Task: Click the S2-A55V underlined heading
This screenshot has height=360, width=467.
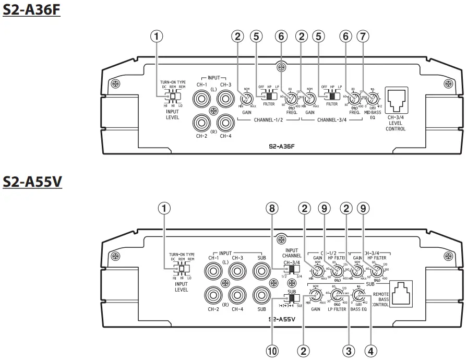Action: (32, 182)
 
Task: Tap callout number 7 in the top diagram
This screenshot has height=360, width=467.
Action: (363, 37)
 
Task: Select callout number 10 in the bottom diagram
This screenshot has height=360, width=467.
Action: (271, 351)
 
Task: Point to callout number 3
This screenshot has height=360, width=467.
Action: (348, 351)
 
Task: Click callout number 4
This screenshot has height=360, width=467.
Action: (370, 351)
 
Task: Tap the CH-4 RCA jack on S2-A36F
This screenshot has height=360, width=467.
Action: (225, 123)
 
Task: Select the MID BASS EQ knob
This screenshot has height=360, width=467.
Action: (373, 97)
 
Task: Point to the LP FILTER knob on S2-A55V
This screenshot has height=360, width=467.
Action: (337, 296)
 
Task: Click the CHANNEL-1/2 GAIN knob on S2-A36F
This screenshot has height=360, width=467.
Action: (247, 97)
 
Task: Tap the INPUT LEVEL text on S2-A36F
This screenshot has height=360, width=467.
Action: (172, 114)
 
